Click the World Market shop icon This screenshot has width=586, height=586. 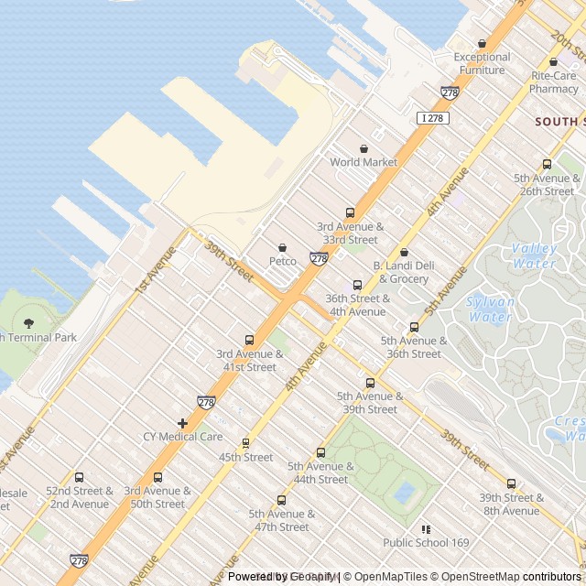pyautogui.click(x=364, y=148)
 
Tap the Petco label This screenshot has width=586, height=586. pyautogui.click(x=282, y=261)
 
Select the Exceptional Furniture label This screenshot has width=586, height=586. pyautogui.click(x=482, y=63)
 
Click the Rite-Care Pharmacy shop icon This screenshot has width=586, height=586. pyautogui.click(x=553, y=62)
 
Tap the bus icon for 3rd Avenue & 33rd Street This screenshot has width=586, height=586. pyautogui.click(x=350, y=212)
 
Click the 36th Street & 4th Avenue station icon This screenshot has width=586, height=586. pyautogui.click(x=357, y=285)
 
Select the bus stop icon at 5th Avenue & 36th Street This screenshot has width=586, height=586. pyautogui.click(x=414, y=327)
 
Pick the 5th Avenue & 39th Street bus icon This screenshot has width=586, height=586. pyautogui.click(x=370, y=383)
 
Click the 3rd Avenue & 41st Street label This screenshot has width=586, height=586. pyautogui.click(x=246, y=361)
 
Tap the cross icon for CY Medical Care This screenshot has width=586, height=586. pyautogui.click(x=183, y=423)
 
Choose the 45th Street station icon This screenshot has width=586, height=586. pyautogui.click(x=245, y=443)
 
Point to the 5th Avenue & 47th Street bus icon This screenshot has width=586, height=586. pyautogui.click(x=281, y=500)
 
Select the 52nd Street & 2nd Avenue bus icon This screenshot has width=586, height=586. pyautogui.click(x=79, y=477)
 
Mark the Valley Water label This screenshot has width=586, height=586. pyautogui.click(x=534, y=255)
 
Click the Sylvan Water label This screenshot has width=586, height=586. pyautogui.click(x=491, y=309)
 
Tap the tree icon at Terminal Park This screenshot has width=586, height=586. pyautogui.click(x=28, y=322)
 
